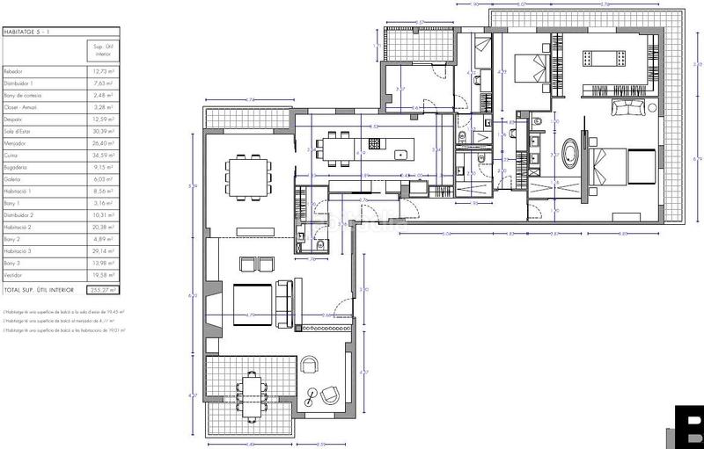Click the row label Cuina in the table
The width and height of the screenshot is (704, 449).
[x=17, y=155]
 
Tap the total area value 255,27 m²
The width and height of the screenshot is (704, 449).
[x=104, y=288]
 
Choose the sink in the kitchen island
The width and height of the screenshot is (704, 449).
[x=401, y=155]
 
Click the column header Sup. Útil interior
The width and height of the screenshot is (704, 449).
[x=104, y=48]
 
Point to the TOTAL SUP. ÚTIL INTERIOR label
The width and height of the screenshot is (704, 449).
[x=40, y=288]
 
